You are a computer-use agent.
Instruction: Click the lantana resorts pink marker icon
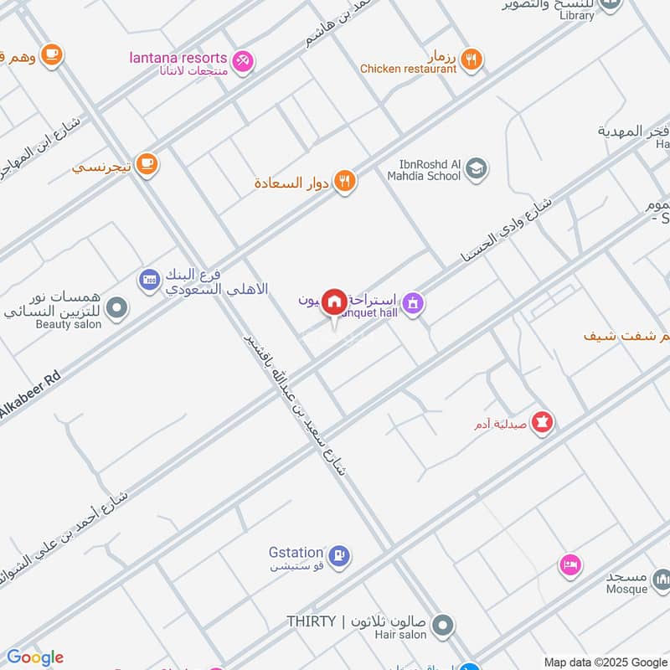pos(243,59)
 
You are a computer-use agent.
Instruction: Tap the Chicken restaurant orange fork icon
pos(472,59)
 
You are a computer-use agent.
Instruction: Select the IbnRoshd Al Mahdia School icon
pos(476,169)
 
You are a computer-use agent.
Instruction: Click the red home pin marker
pos(335,301)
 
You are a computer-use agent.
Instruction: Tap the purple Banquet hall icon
pos(411,304)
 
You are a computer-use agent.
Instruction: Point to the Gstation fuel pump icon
pos(339,554)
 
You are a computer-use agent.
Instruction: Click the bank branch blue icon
pos(150,279)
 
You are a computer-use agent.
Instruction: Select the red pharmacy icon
pos(543,424)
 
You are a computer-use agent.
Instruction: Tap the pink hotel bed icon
pos(570,565)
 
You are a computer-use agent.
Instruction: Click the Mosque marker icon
pos(662,580)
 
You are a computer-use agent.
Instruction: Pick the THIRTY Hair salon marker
pos(444,625)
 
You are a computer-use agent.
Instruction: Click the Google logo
pos(34,657)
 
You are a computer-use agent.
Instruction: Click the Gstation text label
pos(296,553)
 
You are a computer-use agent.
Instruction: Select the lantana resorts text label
pos(178,58)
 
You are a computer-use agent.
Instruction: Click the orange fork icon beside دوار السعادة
pos(344,182)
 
